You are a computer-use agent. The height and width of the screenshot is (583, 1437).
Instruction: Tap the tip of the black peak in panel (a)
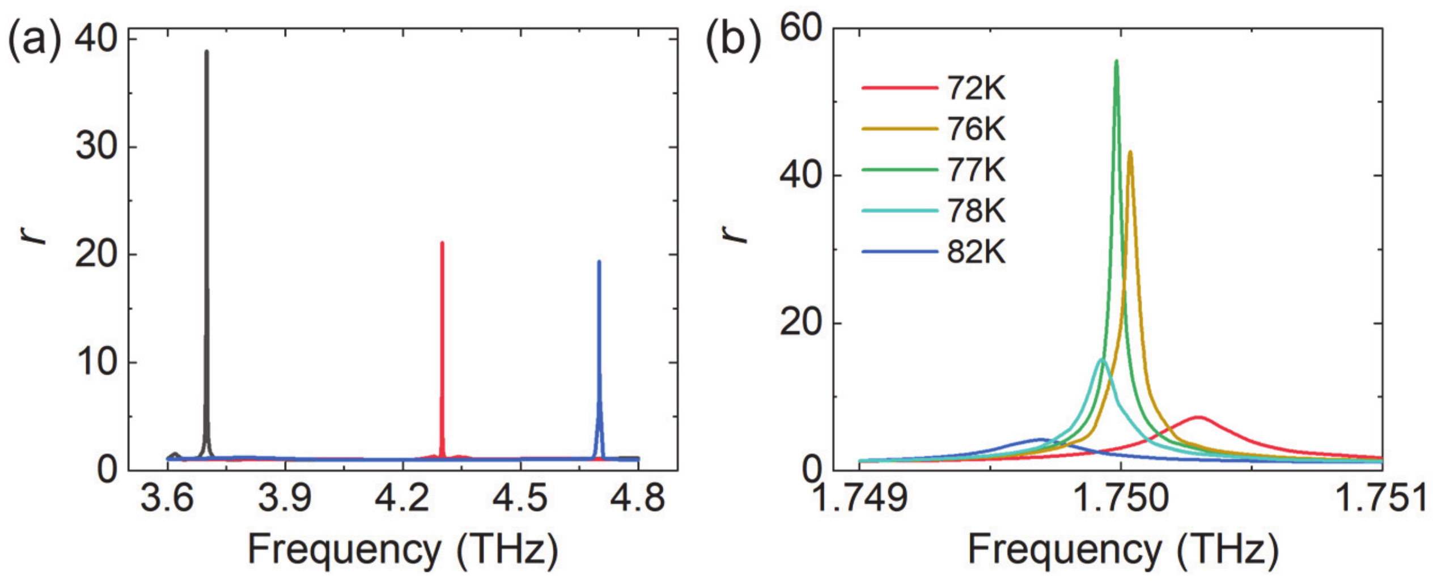point(206,52)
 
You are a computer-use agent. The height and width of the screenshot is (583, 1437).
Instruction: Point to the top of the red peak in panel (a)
point(442,243)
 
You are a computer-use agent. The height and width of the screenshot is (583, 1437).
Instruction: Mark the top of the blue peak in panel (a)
point(599,262)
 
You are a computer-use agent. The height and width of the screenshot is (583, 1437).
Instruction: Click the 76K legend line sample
point(899,129)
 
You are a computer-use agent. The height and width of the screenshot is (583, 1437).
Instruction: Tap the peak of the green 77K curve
point(1116,61)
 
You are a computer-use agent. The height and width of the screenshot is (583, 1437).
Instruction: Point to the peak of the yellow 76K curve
point(1130,152)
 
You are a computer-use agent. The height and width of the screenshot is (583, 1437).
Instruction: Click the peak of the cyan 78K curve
point(1101,360)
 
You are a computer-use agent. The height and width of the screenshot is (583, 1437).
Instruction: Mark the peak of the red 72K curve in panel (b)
point(1198,418)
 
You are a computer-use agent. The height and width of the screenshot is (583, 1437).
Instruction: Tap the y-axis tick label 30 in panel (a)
point(96,147)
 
